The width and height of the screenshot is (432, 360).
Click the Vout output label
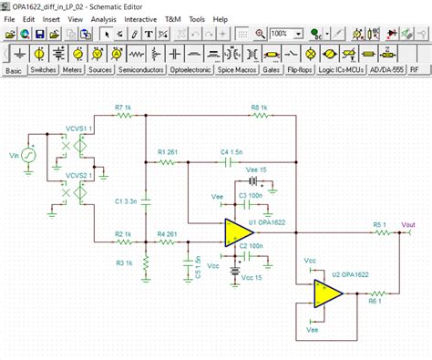pyautogui.click(x=408, y=225)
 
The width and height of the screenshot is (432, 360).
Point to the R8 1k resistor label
pyautogui.click(x=260, y=108)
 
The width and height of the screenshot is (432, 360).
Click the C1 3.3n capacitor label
pyautogui.click(x=126, y=201)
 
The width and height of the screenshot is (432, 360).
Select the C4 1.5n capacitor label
pyautogui.click(x=231, y=151)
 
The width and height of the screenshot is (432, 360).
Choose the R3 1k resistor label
pyautogui.click(x=126, y=263)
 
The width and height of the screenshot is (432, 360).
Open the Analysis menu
pyautogui.click(x=104, y=18)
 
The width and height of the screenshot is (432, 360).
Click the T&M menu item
pyautogui.click(x=172, y=18)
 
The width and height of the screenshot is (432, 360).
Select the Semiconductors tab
pyautogui.click(x=141, y=69)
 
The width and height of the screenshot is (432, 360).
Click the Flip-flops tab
pyautogui.click(x=305, y=69)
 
